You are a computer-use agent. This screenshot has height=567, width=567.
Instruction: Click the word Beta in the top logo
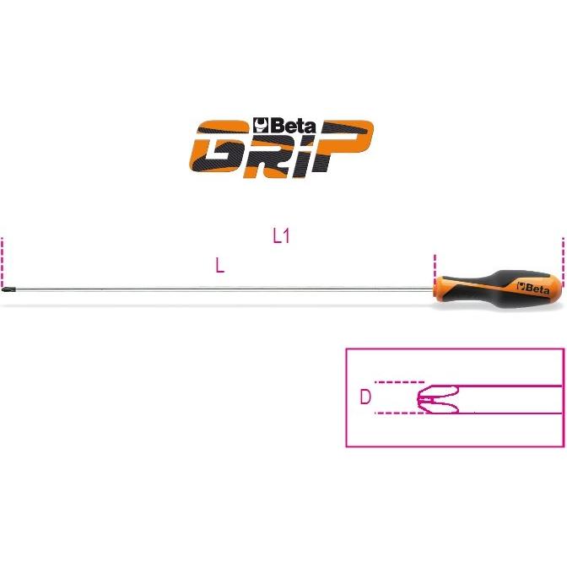pos(292,126)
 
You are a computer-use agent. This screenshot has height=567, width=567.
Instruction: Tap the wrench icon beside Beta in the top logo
pos(260,125)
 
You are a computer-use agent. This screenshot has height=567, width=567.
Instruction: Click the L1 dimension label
pos(281,236)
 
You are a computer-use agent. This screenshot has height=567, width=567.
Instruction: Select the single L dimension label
pos(220,266)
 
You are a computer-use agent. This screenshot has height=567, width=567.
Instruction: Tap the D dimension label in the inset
pos(365,397)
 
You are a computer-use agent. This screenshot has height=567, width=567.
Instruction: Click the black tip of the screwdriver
pos(6,289)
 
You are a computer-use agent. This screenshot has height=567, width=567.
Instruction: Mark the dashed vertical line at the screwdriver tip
pos(3,262)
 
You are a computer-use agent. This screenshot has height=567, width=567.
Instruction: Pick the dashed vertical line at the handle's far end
pos(563,262)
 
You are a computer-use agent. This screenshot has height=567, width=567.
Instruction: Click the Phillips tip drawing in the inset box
pos(438,399)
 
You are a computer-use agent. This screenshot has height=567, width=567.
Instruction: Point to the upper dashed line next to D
pos(399,382)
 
